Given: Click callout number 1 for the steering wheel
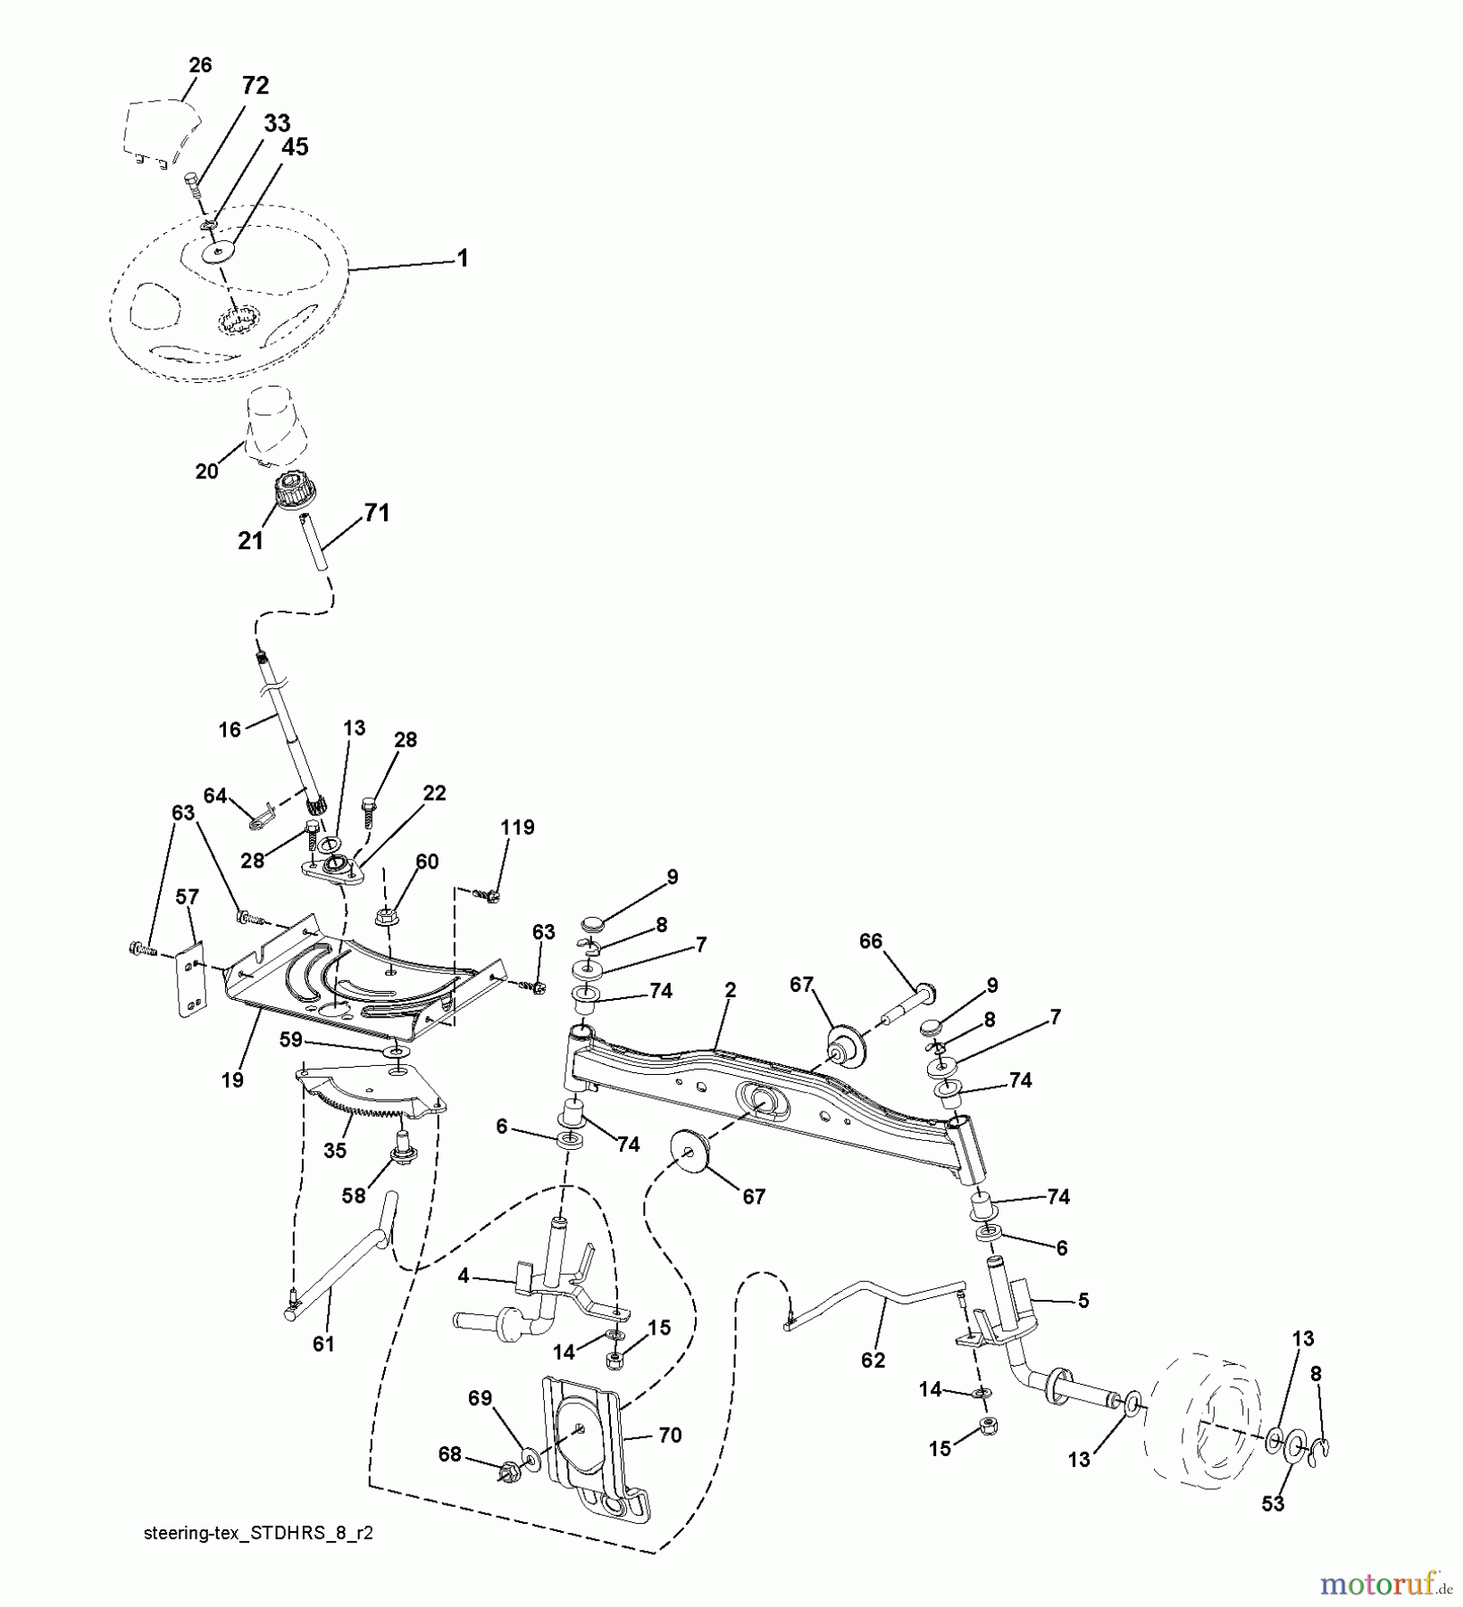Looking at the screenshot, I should [462, 258].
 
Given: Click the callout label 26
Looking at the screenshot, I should [201, 65].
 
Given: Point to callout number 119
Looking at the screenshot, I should [517, 828].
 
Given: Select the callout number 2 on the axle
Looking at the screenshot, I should [730, 990].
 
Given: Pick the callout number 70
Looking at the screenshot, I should [669, 1435].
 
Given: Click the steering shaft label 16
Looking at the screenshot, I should [230, 729].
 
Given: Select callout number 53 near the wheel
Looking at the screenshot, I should [1273, 1503].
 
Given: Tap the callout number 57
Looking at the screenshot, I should [187, 896].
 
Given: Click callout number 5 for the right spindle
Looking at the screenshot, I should [1083, 1301].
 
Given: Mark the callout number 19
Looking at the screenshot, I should [232, 1080].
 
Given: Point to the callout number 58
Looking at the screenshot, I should [354, 1195].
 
